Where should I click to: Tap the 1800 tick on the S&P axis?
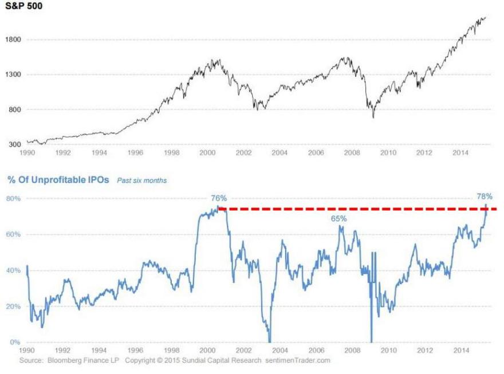click(x=13, y=40)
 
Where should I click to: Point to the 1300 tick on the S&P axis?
click(x=13, y=74)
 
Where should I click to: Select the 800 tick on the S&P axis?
click(x=14, y=109)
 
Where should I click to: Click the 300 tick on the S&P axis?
click(x=14, y=144)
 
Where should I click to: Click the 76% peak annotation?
click(x=219, y=198)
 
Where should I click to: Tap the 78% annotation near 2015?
click(x=485, y=196)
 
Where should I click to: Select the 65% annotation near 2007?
click(x=338, y=219)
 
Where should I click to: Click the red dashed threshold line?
click(x=355, y=210)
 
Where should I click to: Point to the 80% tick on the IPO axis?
click(x=14, y=199)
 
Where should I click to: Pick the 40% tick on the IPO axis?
click(x=14, y=270)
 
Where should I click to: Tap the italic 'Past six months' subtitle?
click(x=142, y=180)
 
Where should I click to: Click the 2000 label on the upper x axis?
click(x=207, y=153)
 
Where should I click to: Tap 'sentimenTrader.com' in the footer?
click(x=298, y=361)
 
